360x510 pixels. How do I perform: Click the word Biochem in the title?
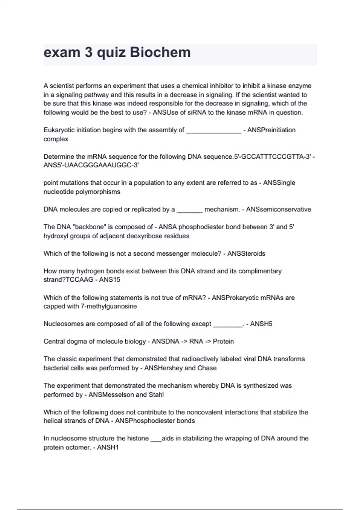pos(160,52)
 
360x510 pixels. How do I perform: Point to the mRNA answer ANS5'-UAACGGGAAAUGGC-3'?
pos(91,165)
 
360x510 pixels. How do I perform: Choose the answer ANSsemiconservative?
pos(278,209)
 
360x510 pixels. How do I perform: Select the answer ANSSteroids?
pos(246,254)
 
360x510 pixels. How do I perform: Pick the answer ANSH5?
pos(261,324)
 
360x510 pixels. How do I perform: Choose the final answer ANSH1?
pos(108,448)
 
